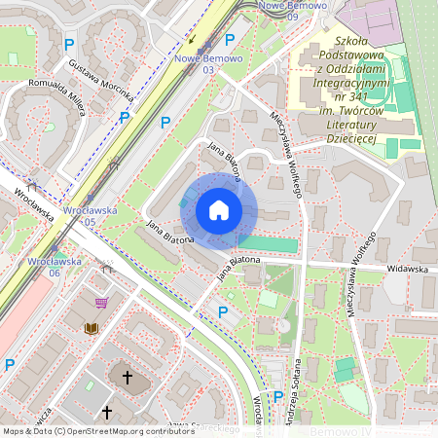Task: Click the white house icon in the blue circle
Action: pos(219,210)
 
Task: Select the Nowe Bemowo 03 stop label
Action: pos(207,63)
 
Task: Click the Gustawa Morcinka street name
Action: pos(101,80)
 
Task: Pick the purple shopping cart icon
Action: pos(101,303)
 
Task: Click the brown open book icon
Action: pos(91,329)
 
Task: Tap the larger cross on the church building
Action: pos(127,375)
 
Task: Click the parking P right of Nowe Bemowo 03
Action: pos(230,40)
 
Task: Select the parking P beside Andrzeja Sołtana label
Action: pos(278,396)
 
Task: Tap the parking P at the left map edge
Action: pos(10,365)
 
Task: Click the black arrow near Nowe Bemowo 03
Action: pos(193,40)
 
